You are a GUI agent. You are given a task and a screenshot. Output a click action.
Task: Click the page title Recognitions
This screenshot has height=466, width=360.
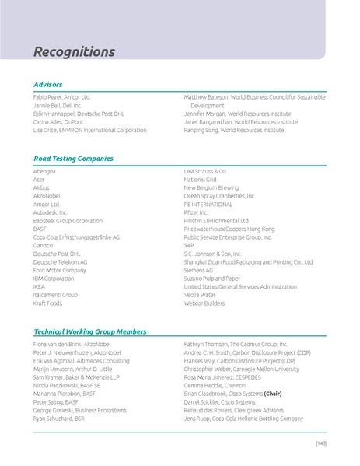pyautogui.click(x=74, y=52)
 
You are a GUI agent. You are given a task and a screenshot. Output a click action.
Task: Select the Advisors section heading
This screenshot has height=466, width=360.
pyautogui.click(x=48, y=84)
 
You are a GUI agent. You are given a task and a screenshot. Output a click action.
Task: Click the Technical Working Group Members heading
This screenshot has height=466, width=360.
pyautogui.click(x=89, y=331)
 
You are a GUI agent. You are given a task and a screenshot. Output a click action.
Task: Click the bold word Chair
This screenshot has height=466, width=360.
pyautogui.click(x=273, y=394)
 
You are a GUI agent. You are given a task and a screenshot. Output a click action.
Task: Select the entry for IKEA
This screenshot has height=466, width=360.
pyautogui.click(x=40, y=286)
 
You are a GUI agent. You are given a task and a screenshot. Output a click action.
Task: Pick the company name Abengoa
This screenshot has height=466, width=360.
pyautogui.click(x=44, y=170)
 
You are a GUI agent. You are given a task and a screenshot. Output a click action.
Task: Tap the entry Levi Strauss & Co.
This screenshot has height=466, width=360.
pyautogui.click(x=205, y=170)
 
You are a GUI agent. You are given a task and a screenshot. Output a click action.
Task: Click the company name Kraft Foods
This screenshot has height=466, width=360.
pyautogui.click(x=47, y=303)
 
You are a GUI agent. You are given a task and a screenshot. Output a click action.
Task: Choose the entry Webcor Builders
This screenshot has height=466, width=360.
pyautogui.click(x=209, y=303)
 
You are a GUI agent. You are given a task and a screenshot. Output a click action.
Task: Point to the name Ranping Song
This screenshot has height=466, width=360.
pyautogui.click(x=201, y=130)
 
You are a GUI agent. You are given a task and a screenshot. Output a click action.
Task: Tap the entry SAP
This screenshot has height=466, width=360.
pyautogui.click(x=189, y=245)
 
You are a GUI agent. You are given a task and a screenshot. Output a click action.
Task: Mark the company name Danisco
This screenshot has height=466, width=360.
pyautogui.click(x=44, y=245)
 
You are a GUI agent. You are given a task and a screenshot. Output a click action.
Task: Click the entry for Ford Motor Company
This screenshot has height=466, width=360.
pyautogui.click(x=59, y=270)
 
